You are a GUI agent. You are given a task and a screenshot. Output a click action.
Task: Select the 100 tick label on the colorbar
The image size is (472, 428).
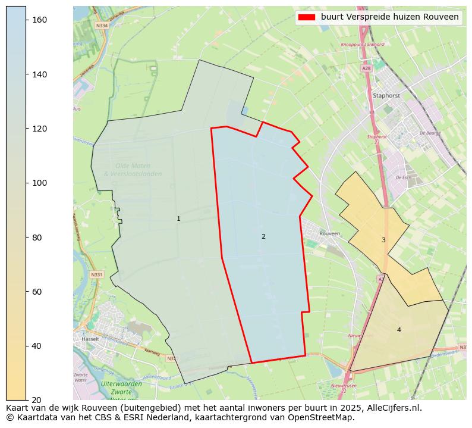[x=39, y=183]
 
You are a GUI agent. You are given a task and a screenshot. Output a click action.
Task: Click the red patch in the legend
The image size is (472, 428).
[x=307, y=17]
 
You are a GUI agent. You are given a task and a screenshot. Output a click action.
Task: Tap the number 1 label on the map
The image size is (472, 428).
[x=178, y=219]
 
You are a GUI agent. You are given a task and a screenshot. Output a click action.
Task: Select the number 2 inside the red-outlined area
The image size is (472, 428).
[x=263, y=236]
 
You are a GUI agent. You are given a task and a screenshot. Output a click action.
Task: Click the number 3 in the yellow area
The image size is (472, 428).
[x=383, y=240]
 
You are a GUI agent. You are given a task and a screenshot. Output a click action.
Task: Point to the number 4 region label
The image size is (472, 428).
[x=399, y=330]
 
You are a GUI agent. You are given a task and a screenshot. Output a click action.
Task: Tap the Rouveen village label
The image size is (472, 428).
[x=330, y=233]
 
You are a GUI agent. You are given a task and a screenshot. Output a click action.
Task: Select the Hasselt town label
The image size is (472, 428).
[x=90, y=339]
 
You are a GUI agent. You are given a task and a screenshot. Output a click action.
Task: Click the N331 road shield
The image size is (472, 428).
[x=97, y=274]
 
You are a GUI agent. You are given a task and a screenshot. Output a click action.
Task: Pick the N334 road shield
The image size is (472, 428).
[x=102, y=26]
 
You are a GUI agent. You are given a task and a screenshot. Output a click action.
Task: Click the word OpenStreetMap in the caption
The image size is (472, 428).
[x=326, y=417]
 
